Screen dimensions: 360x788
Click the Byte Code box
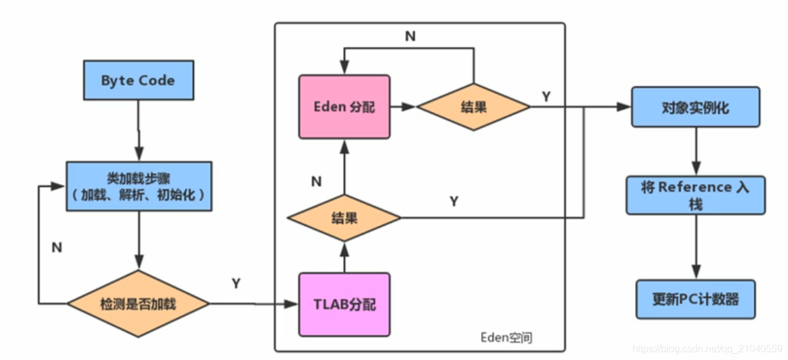coord(138,80)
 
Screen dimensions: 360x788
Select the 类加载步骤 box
coord(139,186)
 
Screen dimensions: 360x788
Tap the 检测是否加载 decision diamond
coord(138,303)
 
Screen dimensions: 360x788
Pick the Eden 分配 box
coord(344,106)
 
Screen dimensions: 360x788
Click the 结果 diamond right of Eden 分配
coord(473,106)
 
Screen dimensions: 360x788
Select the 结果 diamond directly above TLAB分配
coord(344,217)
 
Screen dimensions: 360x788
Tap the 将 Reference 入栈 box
coord(695,195)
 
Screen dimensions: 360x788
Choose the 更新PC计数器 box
coord(695,299)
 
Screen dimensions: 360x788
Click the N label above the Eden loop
coord(410,36)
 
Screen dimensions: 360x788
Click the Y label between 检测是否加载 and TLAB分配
coord(236,283)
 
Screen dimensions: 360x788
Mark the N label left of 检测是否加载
coord(57,248)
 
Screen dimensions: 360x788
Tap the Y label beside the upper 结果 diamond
coord(546,96)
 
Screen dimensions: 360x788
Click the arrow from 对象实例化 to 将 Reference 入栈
coord(696,151)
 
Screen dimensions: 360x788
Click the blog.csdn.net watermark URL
coord(707,349)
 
